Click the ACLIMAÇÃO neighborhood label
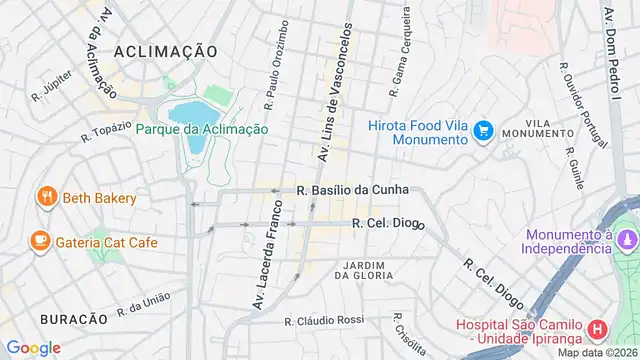pyautogui.click(x=165, y=50)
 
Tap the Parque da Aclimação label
pyautogui.click(x=201, y=129)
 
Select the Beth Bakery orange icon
pyautogui.click(x=46, y=198)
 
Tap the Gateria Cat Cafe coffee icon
pyautogui.click(x=40, y=241)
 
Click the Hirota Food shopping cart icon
pyautogui.click(x=484, y=130)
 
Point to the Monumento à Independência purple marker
pyautogui.click(x=627, y=241)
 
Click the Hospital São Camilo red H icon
pyautogui.click(x=597, y=328)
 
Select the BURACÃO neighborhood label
pyautogui.click(x=73, y=318)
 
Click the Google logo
pyautogui.click(x=33, y=347)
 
